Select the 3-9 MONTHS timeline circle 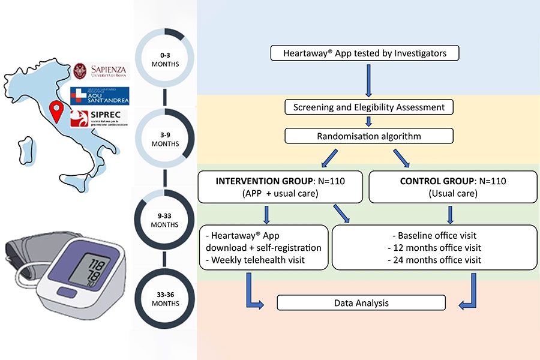tap(165, 140)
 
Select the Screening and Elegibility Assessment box tap(368, 107)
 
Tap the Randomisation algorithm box tap(368, 136)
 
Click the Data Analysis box tap(361, 302)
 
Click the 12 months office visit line tap(435, 247)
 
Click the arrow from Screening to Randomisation tap(368, 122)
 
